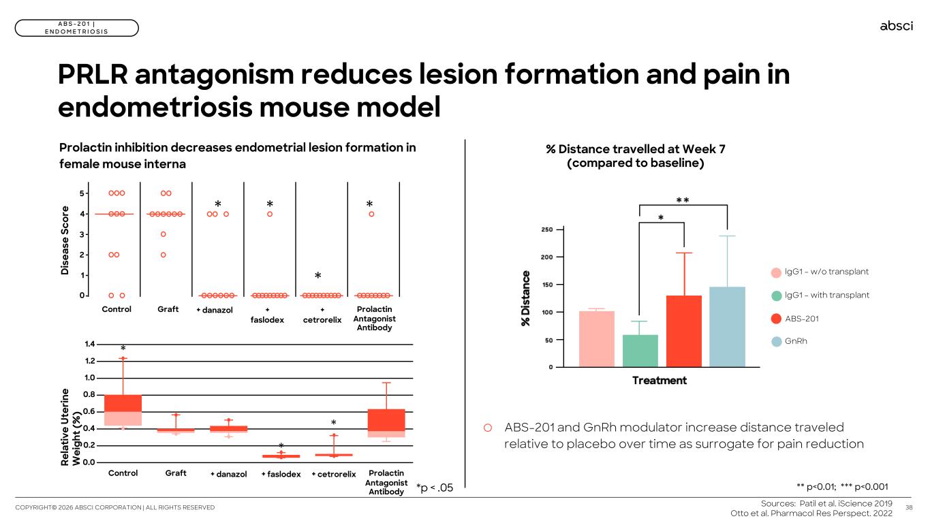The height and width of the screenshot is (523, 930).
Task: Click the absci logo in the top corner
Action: coord(896,26)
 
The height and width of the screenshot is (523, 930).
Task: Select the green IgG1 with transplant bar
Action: coord(640,350)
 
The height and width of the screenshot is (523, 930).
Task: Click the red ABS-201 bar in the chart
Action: coord(683,331)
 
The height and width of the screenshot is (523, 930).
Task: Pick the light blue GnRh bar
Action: coord(727,327)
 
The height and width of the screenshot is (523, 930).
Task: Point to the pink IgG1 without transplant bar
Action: coord(596,338)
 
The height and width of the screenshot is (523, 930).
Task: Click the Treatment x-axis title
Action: coord(659,380)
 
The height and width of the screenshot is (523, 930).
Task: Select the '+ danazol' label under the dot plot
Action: coord(215,310)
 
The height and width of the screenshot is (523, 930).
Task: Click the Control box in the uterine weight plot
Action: coord(123,410)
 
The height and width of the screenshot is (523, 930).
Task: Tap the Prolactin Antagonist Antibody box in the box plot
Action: coord(386,422)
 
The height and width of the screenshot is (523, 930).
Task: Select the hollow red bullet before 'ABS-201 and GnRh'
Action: coord(488,428)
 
